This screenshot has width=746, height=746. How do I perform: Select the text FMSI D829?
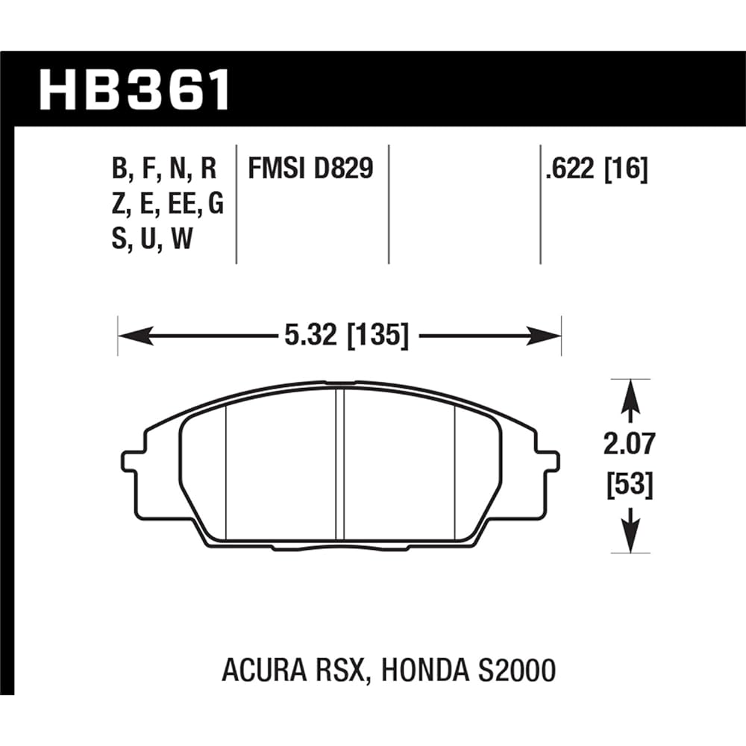tap(310, 169)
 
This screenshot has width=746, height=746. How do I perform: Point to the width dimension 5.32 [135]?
tap(345, 337)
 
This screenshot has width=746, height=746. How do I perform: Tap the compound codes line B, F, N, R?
tap(163, 169)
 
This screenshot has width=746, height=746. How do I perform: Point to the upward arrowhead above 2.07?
tap(632, 391)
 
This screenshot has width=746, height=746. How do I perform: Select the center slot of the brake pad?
tap(339, 466)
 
